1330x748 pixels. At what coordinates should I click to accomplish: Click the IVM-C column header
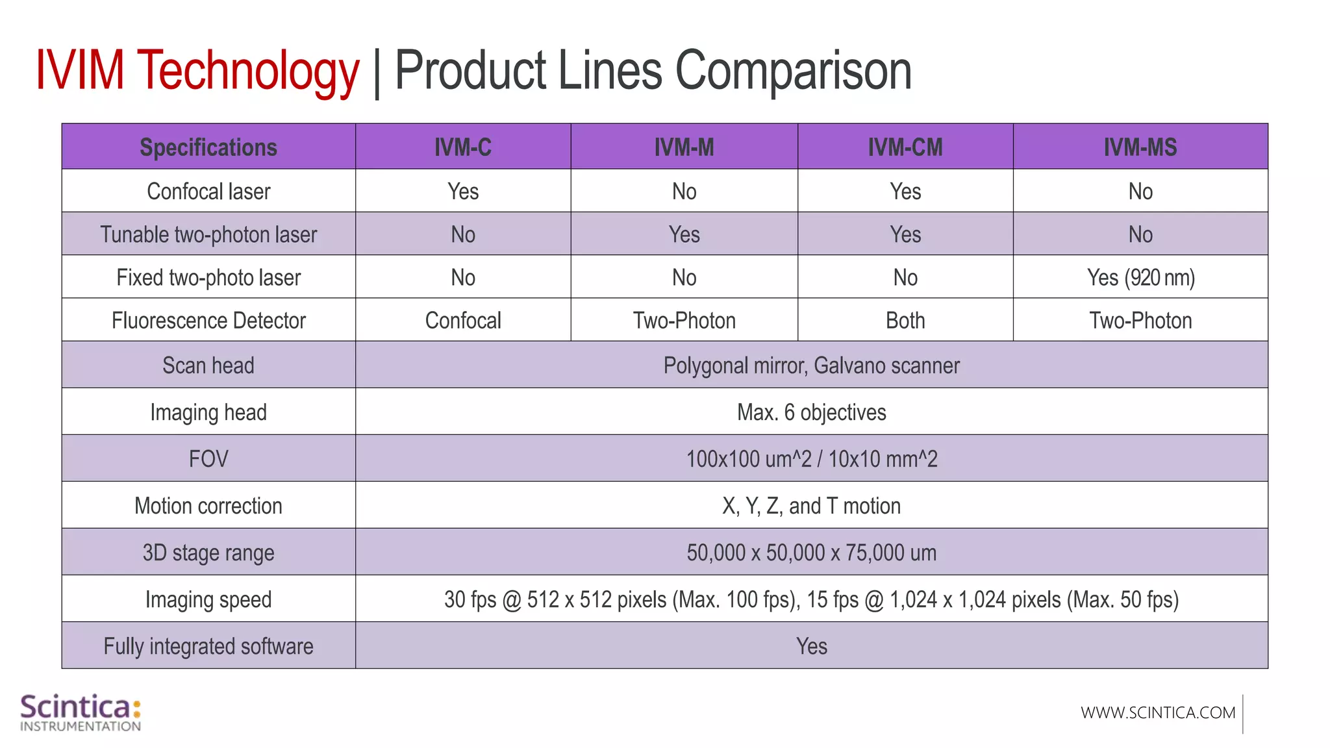(x=462, y=147)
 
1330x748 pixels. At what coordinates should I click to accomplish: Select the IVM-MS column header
(x=1140, y=147)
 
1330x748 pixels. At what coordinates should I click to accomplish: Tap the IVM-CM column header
(x=905, y=147)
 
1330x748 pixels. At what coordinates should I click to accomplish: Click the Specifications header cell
(x=208, y=147)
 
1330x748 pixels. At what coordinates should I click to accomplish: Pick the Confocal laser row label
(x=208, y=192)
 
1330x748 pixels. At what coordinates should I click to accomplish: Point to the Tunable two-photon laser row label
(x=208, y=234)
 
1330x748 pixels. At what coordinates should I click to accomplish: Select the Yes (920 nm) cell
(x=1140, y=278)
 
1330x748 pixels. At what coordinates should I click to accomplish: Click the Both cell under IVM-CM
(x=905, y=321)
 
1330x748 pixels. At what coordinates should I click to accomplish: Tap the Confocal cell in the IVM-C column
(x=462, y=321)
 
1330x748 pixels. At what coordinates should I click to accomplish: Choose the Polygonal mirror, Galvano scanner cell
(x=811, y=366)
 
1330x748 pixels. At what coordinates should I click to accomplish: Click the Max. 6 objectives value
(x=811, y=412)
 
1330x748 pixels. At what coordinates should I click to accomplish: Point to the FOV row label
(x=208, y=459)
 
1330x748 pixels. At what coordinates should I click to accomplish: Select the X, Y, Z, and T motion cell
(x=811, y=506)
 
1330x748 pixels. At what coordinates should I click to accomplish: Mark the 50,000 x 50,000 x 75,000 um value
(x=811, y=553)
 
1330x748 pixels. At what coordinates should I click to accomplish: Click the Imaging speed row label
(x=208, y=599)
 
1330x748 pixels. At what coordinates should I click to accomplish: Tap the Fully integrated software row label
(x=208, y=646)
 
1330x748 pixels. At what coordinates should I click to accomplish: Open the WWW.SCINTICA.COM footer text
(x=1158, y=713)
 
